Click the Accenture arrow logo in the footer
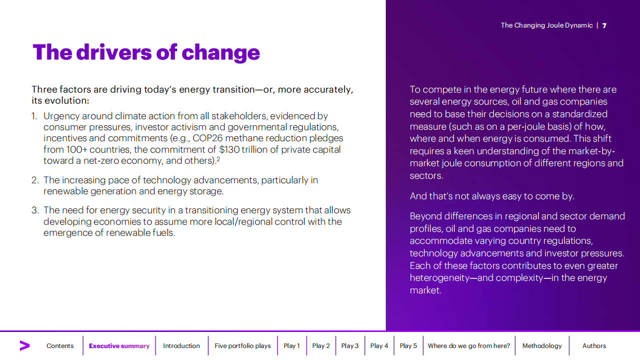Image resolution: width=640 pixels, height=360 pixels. point(25,345)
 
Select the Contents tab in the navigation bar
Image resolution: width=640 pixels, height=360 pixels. point(60,346)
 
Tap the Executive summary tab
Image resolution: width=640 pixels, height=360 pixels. point(119,346)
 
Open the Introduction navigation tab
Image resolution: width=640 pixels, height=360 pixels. point(181,346)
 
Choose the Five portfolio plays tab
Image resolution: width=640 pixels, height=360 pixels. point(243,346)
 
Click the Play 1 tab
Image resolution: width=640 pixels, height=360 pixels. point(292,346)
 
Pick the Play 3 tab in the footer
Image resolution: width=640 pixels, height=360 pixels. point(350,346)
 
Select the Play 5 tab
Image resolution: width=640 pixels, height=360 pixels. point(408,346)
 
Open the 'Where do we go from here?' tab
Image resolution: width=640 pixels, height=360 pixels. point(469,346)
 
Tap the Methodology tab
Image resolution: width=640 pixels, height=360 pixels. point(542,346)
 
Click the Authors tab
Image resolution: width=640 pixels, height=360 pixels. point(594,346)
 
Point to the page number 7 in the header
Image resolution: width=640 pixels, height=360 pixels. point(604,26)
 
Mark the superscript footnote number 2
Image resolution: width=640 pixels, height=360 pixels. point(218,159)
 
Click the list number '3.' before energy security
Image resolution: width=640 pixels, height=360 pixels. point(35,210)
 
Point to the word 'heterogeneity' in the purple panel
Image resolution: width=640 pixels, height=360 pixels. point(440,278)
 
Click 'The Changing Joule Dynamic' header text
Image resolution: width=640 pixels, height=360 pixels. point(546,26)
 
